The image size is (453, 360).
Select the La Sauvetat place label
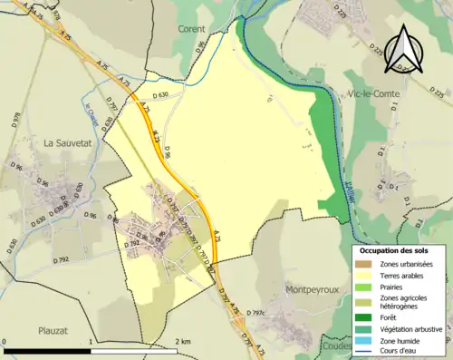click(69, 142)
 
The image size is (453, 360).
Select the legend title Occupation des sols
click(395, 249)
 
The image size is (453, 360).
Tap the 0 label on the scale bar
click(5, 341)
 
